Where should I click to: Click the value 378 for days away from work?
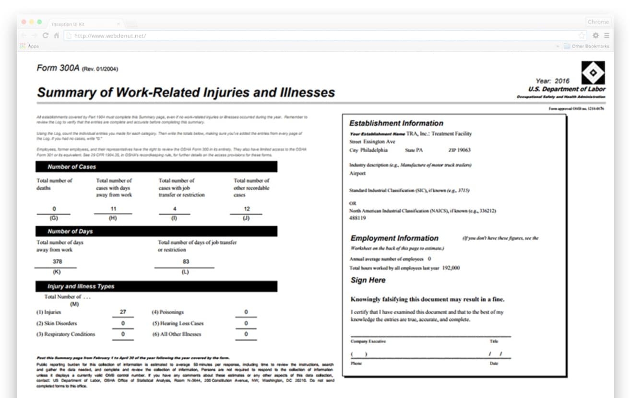coord(57,261)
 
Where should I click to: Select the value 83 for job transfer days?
coord(186,261)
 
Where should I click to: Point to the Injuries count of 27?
coord(123,312)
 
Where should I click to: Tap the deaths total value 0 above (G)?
coord(54,209)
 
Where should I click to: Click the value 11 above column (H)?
coord(113,209)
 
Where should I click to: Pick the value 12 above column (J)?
coord(247,209)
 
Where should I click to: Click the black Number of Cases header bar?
coord(156,167)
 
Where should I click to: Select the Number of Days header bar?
coord(156,231)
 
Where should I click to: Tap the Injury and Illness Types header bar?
coord(156,286)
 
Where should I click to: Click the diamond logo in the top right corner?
coord(593,72)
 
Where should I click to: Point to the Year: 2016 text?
coord(552,81)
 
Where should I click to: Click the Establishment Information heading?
coord(396,123)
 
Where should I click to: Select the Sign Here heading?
coord(368,280)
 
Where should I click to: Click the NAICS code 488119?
coord(357,218)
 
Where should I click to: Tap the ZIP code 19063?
coord(464,150)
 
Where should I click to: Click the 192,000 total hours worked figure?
coord(451,268)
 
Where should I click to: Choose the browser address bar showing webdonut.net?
coord(321,35)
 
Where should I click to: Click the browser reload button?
coord(46,35)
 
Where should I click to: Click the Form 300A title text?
coord(58,68)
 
